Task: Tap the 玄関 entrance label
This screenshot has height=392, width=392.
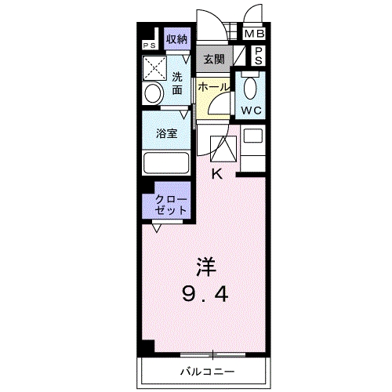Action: click(213, 58)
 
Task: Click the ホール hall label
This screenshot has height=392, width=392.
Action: click(213, 88)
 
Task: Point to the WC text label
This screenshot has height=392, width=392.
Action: click(252, 111)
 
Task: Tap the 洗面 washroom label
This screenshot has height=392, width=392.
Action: click(178, 83)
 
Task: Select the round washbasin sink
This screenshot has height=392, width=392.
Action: click(152, 93)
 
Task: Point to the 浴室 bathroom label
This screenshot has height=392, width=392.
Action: click(166, 132)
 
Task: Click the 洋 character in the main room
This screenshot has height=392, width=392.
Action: click(205, 267)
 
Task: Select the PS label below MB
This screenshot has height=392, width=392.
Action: click(259, 56)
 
